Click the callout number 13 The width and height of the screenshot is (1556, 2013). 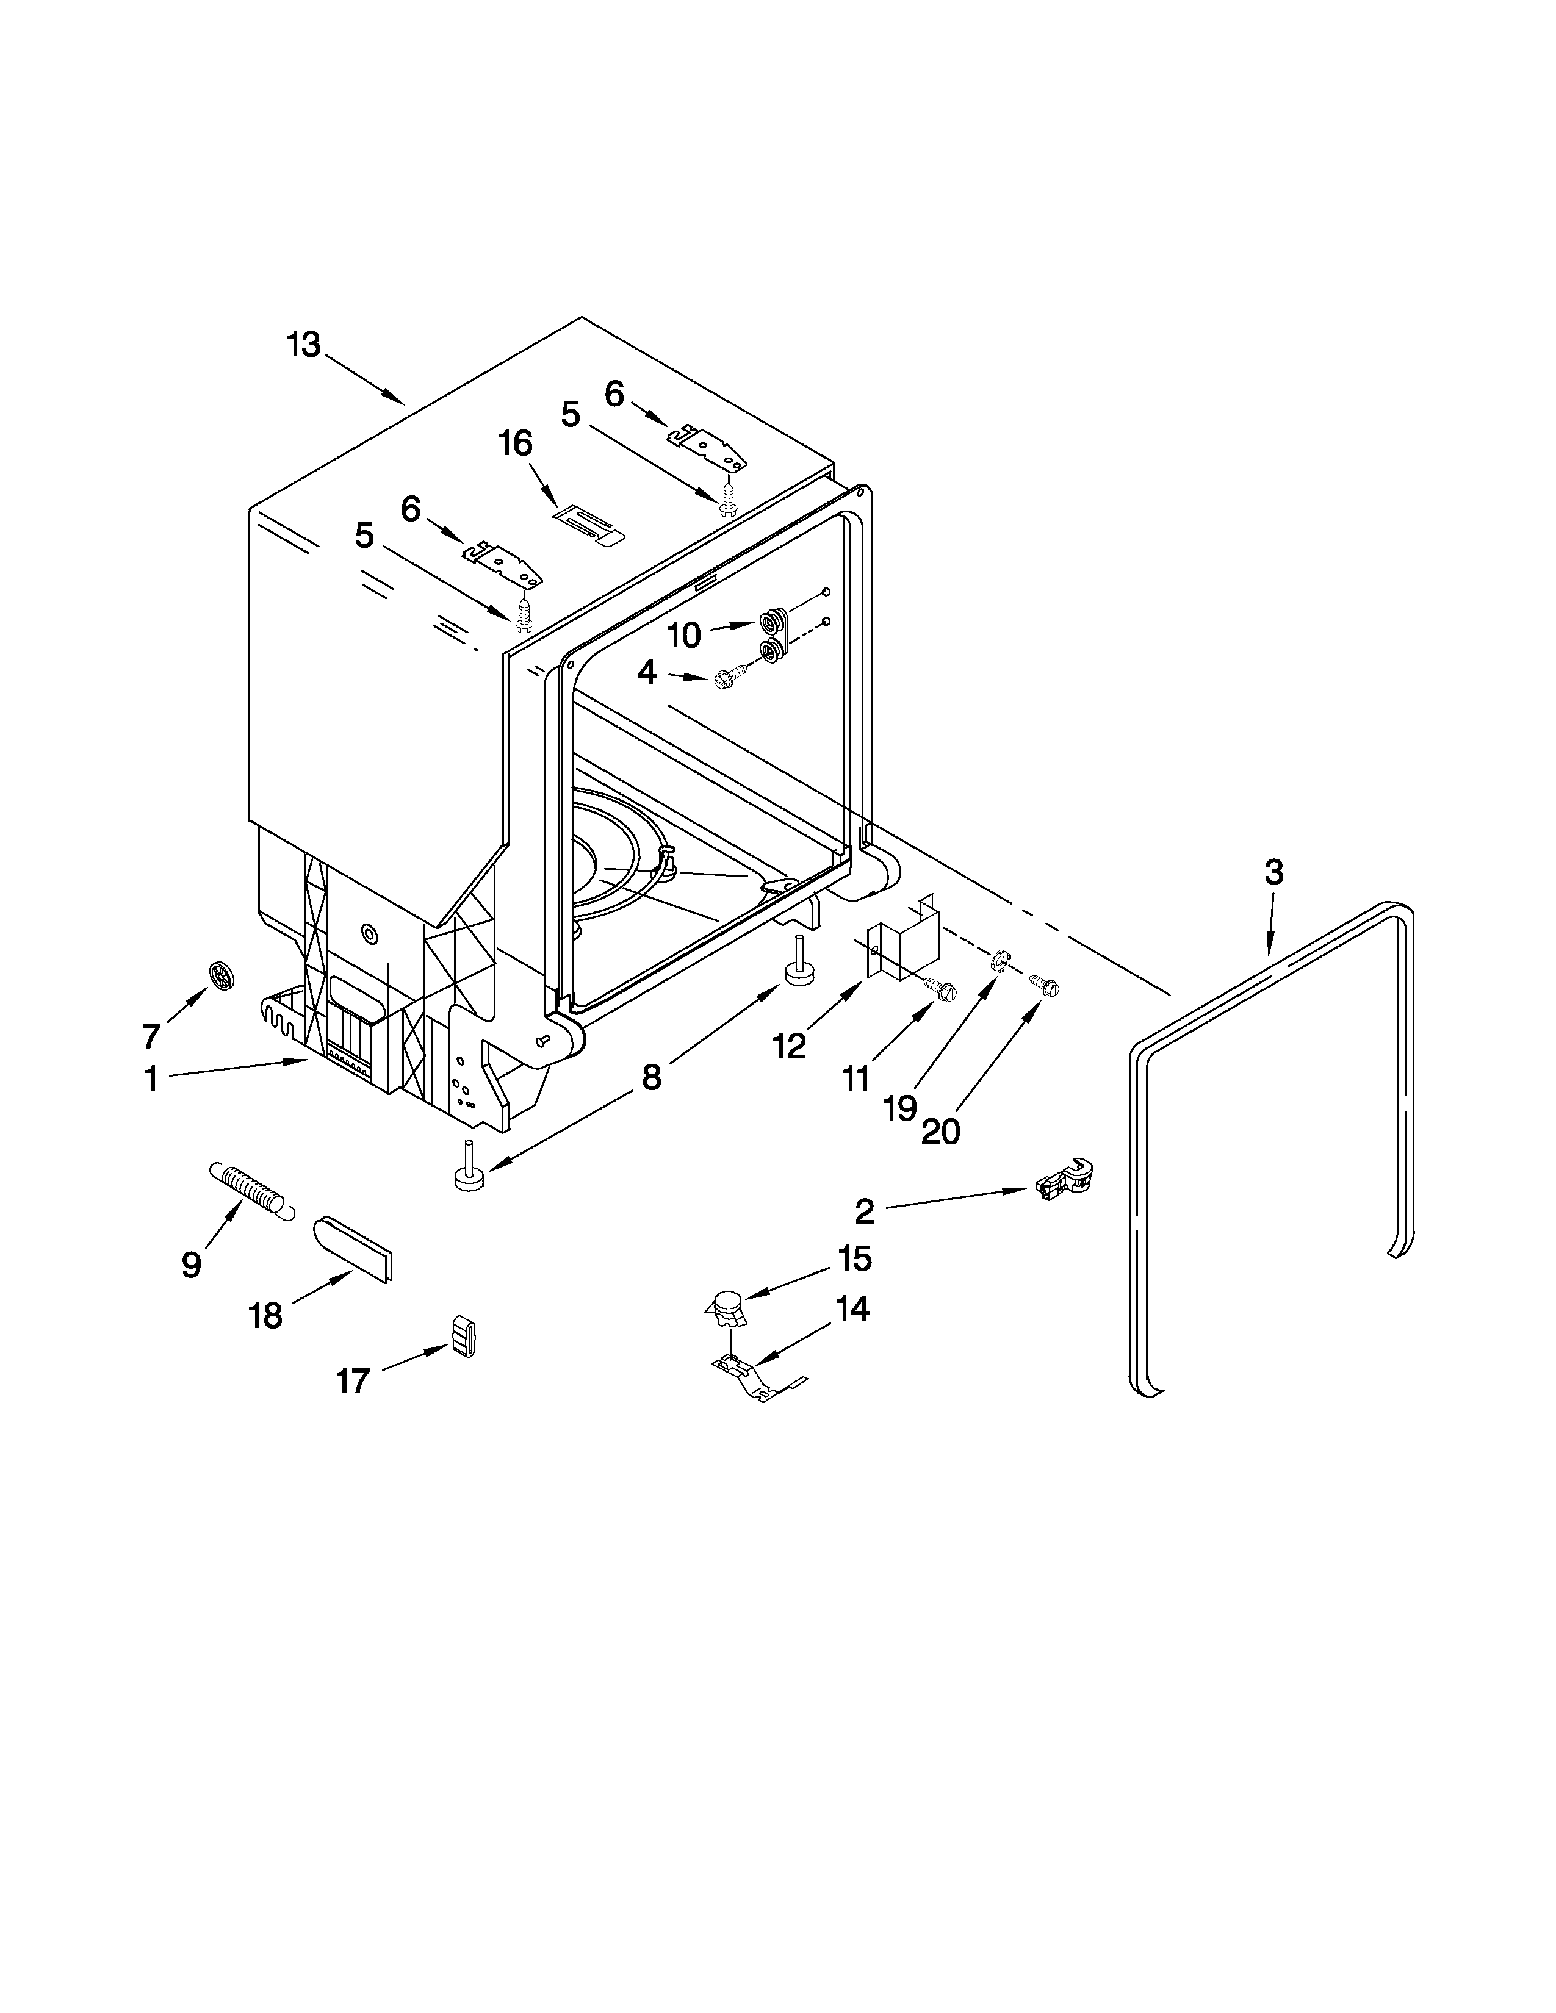(303, 345)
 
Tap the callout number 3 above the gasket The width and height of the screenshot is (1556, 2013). (1273, 872)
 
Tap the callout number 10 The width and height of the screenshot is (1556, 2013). (683, 635)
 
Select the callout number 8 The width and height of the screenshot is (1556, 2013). (651, 1077)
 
